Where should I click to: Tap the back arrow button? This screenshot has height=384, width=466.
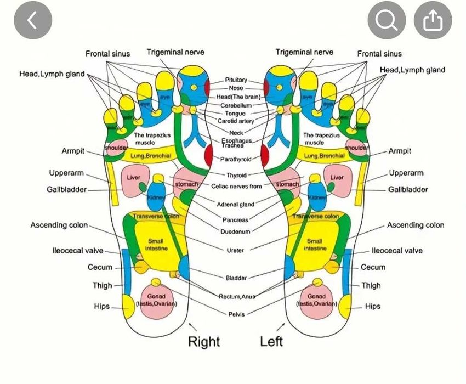[x=32, y=21]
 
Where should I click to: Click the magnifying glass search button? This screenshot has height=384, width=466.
[x=387, y=21]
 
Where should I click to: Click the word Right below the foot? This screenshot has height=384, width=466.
[x=204, y=342]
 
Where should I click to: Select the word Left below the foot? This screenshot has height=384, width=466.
[x=271, y=341]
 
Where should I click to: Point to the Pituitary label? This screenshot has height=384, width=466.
[x=236, y=80]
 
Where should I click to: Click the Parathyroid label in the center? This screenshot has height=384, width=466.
[x=236, y=159]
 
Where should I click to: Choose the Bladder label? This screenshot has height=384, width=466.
[x=236, y=278]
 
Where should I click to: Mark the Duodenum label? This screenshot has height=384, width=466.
[x=236, y=232]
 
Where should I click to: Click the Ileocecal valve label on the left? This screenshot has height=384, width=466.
[x=77, y=251]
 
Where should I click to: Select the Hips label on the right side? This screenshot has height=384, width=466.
[x=373, y=307]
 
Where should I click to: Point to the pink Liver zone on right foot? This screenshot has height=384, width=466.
[x=133, y=182]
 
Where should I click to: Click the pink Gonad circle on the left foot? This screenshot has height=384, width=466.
[x=317, y=300]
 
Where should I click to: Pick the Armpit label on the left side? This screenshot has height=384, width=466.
[x=73, y=151]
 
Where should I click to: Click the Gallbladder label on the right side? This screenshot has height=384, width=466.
[x=408, y=190]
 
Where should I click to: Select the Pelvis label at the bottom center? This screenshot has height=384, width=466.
[x=236, y=314]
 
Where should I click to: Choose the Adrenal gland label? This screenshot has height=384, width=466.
[x=236, y=204]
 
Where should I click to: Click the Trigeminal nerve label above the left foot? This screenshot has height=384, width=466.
[x=304, y=52]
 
